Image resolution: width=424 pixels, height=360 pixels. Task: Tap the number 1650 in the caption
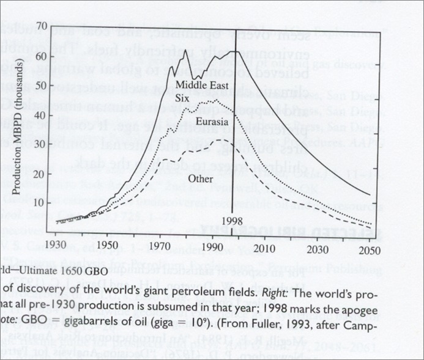tap(62, 271)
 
